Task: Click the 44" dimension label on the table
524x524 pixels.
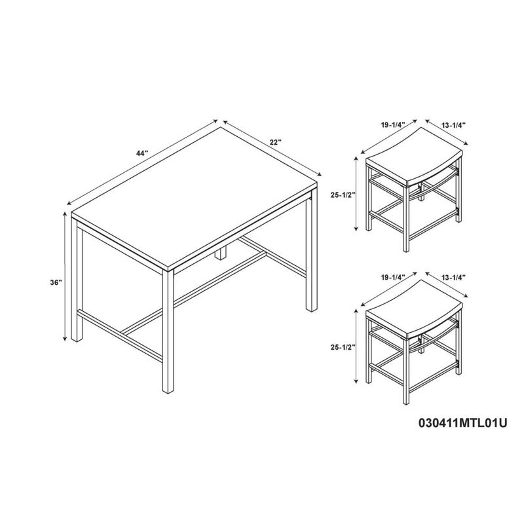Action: click(x=141, y=153)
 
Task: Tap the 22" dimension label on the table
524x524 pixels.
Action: click(x=276, y=142)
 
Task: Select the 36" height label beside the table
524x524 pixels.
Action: click(x=56, y=282)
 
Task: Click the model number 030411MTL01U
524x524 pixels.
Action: click(x=463, y=423)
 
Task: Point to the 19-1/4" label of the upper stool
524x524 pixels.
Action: click(x=392, y=124)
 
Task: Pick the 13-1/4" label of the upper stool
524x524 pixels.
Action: click(x=453, y=125)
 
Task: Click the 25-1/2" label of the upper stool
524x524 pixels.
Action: click(x=343, y=195)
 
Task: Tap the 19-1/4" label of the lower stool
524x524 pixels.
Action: click(x=392, y=276)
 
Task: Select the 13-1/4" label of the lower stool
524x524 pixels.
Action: click(x=453, y=277)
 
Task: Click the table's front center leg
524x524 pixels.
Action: click(x=168, y=331)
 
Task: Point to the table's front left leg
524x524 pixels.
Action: click(x=77, y=281)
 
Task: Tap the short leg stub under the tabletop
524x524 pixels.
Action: click(x=220, y=255)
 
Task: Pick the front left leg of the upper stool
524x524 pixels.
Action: click(x=369, y=198)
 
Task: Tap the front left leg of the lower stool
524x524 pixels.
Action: click(x=369, y=350)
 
